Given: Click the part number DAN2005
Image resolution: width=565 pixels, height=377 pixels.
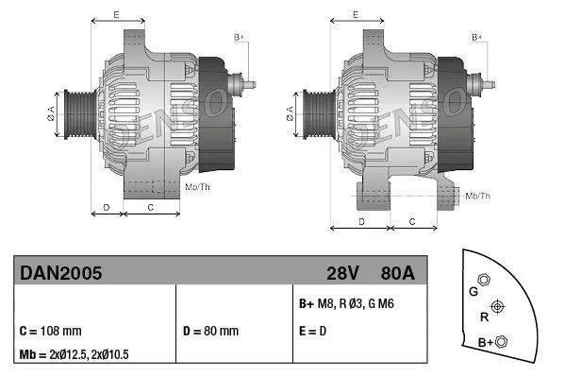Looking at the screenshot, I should [x=60, y=272].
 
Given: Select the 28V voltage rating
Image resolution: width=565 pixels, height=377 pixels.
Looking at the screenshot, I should [x=341, y=272].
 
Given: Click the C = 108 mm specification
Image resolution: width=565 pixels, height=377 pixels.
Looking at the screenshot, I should [x=51, y=332].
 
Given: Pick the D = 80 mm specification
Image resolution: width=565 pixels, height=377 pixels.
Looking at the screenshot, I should [x=211, y=332].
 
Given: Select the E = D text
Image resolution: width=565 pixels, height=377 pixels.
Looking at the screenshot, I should [x=313, y=332].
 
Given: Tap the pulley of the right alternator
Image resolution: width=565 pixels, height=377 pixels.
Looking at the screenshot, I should [x=316, y=118].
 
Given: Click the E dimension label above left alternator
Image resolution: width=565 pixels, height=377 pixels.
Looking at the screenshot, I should [x=116, y=15].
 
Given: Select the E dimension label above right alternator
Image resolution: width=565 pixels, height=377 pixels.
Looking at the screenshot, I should [x=355, y=15].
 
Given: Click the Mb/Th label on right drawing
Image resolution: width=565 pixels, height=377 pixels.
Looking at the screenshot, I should [x=478, y=196].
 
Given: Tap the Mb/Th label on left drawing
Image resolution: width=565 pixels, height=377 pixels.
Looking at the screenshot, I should [x=198, y=187].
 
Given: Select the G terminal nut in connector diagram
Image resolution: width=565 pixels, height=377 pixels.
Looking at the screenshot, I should [x=484, y=281].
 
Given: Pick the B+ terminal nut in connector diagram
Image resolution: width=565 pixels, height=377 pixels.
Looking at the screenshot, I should [x=501, y=341].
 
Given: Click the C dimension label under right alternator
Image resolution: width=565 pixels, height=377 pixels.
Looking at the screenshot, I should [x=413, y=220].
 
